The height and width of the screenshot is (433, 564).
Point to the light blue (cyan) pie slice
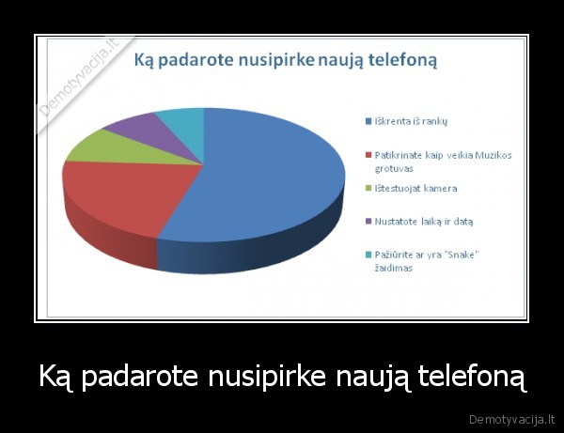click(x=181, y=119)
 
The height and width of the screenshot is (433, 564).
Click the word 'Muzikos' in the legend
click(x=493, y=155)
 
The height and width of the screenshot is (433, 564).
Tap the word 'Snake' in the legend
click(x=452, y=255)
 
